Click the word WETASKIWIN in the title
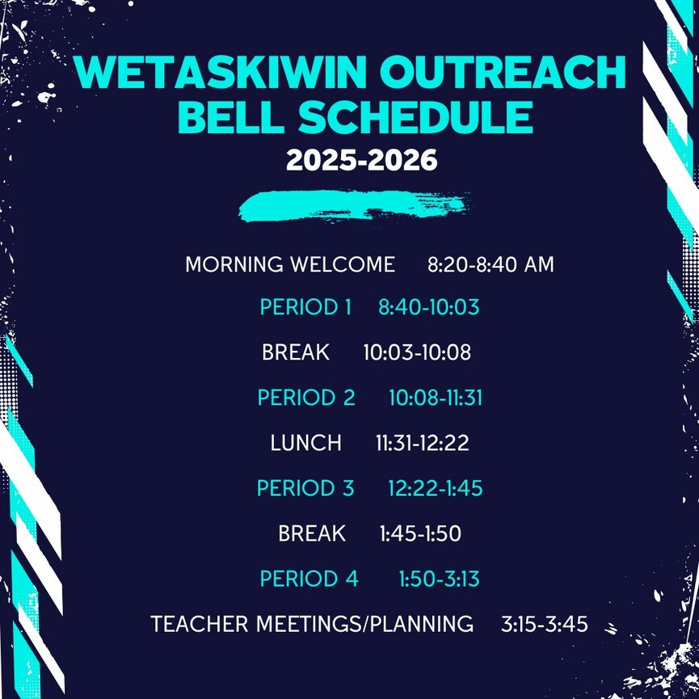(220, 72)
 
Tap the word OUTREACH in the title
(503, 72)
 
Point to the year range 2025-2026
(361, 159)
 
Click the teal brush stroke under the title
(355, 205)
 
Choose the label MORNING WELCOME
(290, 264)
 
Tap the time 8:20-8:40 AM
(491, 264)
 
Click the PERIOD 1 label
(305, 307)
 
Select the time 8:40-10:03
(429, 307)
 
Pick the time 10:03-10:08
(417, 352)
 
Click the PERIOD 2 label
(306, 398)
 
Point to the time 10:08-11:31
(436, 398)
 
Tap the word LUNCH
(305, 443)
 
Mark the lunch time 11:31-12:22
(422, 443)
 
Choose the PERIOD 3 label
(305, 488)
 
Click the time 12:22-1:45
(435, 488)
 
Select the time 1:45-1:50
(420, 533)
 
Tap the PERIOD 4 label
(309, 579)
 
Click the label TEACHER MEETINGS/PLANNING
(312, 624)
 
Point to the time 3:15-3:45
(545, 624)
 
